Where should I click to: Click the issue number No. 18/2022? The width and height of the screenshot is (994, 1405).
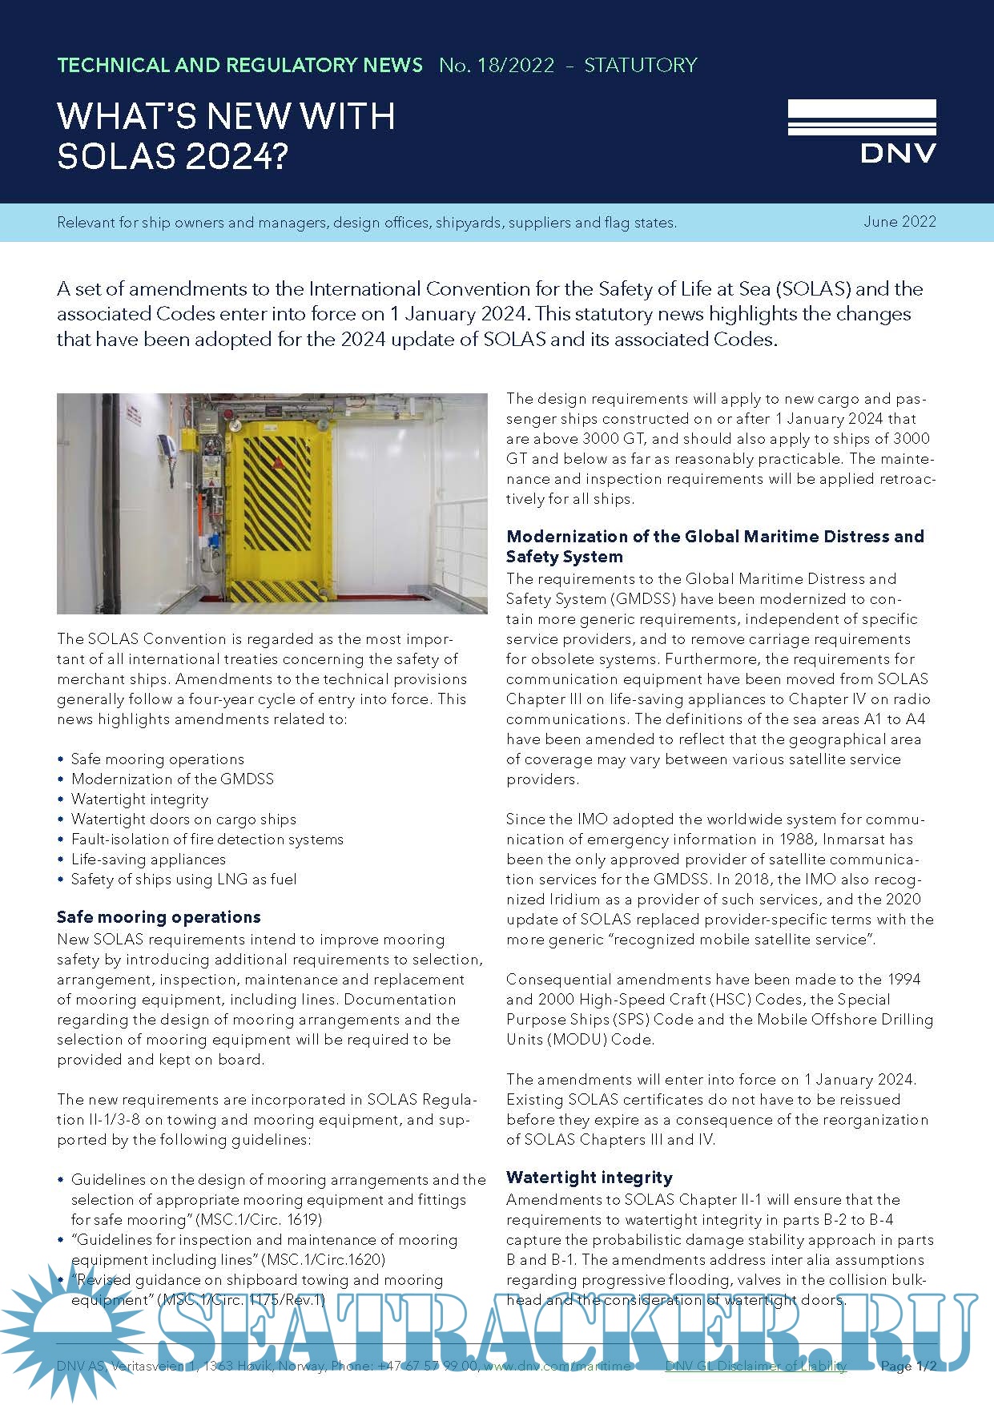497,66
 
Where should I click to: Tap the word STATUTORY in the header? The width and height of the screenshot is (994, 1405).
641,66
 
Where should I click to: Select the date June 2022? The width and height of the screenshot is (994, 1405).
899,222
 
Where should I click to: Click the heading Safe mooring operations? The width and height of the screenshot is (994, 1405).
159,917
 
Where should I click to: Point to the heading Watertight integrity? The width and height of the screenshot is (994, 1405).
590,1178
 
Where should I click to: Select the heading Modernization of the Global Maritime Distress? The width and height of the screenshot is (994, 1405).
714,537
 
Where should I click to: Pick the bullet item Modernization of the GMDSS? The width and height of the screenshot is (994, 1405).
172,779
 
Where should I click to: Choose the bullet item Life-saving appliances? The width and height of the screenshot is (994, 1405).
148,859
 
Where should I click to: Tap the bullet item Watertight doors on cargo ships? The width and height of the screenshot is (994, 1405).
183,819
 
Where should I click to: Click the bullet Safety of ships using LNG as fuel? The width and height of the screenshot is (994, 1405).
183,879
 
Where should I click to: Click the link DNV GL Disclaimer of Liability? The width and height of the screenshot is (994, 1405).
755,1366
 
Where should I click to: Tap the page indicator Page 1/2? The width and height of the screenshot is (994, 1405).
907,1366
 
